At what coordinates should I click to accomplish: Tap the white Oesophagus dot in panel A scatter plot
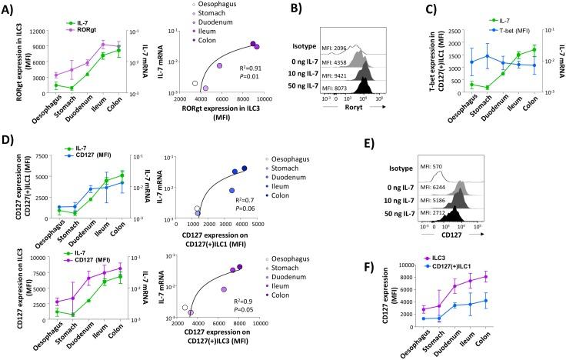tap(195, 83)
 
